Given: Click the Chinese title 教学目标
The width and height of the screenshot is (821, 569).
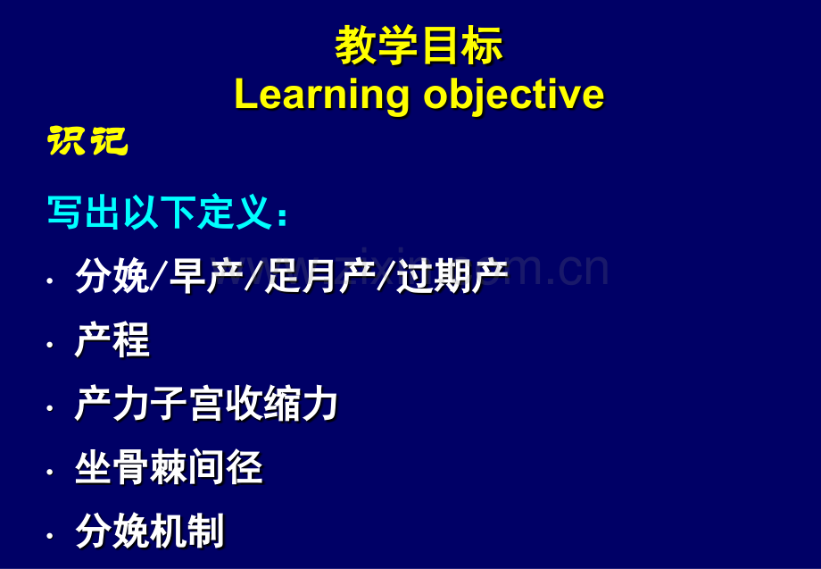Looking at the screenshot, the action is [419, 46].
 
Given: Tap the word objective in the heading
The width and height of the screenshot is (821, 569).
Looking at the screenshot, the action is [514, 96].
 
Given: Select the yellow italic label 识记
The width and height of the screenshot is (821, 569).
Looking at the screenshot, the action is [87, 141].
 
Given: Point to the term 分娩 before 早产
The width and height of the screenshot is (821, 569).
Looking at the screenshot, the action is [112, 276].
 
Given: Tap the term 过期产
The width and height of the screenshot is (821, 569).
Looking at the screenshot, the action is [452, 276].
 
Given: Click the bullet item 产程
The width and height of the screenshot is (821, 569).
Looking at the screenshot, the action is [112, 340].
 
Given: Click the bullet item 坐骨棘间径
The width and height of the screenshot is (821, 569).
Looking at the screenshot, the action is [169, 467].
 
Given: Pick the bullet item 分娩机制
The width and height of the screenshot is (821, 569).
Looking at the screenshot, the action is [150, 531].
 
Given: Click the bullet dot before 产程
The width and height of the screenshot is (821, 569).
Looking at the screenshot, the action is [50, 345].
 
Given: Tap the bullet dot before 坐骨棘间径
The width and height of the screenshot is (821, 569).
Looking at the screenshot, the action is [50, 472].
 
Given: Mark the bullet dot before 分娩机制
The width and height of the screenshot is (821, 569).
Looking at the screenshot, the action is [50, 535].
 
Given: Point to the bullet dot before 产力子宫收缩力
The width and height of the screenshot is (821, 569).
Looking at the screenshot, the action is [50, 408].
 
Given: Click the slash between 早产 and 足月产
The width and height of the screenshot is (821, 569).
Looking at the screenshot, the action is [254, 276].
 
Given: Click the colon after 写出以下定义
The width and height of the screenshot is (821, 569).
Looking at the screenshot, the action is [283, 216].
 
